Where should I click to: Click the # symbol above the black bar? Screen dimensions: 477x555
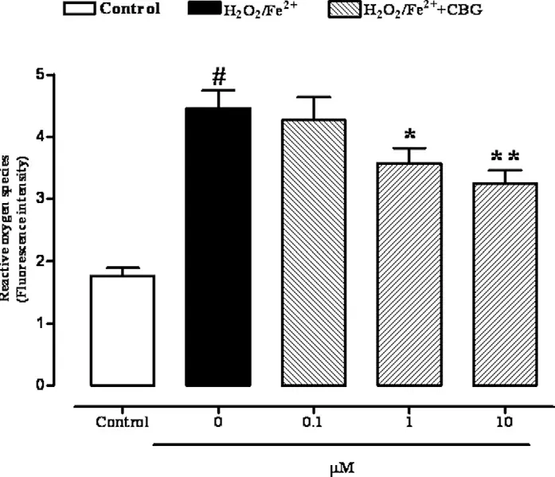tap(218, 76)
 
